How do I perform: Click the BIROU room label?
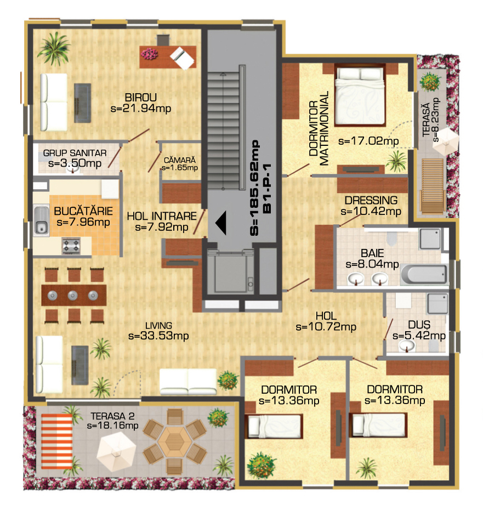141,98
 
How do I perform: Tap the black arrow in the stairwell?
221,223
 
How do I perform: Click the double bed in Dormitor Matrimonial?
360,95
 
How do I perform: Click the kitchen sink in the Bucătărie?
41,220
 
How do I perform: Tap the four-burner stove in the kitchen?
71,246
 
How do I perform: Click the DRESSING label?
371,200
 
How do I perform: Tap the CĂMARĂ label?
180,160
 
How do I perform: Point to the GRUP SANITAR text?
75,153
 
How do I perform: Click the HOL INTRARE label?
162,216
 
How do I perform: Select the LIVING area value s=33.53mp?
159,336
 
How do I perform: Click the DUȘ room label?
419,325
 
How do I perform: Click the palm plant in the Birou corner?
54,48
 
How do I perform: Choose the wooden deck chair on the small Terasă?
433,186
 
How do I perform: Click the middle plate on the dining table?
73,296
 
